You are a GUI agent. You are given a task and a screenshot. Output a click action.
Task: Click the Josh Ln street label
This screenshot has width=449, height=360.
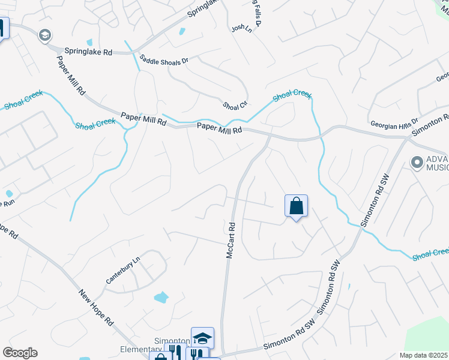[241, 28]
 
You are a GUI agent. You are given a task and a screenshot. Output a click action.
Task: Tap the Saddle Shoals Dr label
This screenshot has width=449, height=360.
[164, 61]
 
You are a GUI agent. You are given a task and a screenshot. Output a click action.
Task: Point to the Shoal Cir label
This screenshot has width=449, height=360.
[235, 105]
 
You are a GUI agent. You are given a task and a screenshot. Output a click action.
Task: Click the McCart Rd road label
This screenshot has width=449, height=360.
[230, 242]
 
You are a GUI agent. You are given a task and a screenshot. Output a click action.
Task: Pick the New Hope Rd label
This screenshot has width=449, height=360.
[96, 307]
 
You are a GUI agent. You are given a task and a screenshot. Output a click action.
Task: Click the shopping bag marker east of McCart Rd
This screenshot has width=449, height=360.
[296, 206]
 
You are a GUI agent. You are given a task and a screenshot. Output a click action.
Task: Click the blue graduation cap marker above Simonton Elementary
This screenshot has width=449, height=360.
[202, 338]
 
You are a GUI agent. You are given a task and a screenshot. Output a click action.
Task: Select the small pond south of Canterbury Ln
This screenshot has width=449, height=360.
[161, 296]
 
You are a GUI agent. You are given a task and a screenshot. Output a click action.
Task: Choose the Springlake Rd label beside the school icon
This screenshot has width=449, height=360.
[89, 52]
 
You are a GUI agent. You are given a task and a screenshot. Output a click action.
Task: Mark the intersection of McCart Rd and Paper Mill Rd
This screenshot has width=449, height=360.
[268, 136]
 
